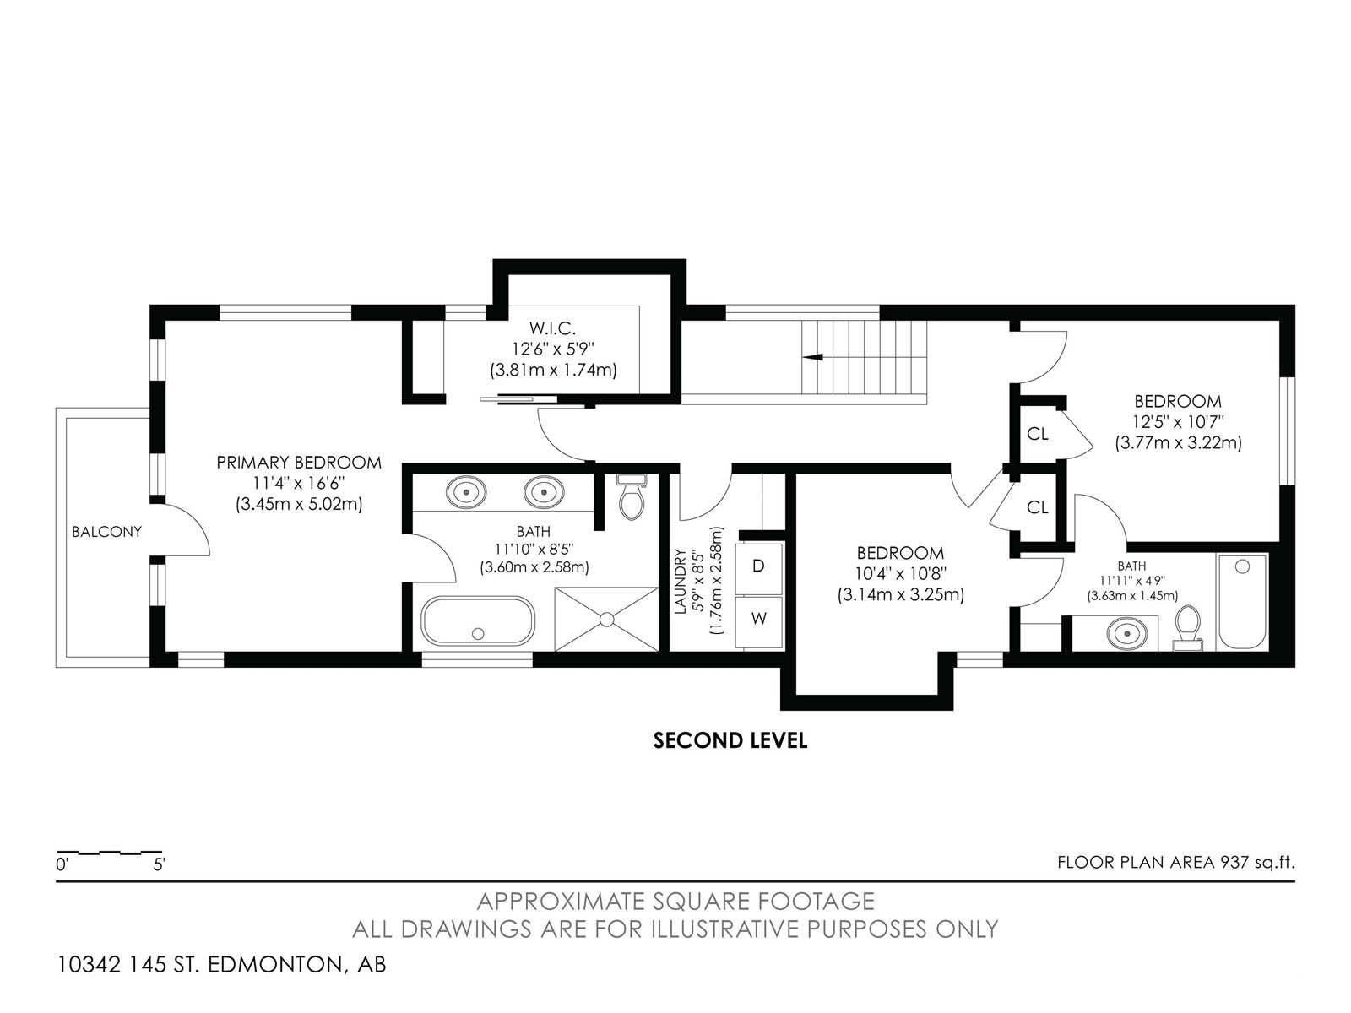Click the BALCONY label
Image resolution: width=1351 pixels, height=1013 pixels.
click(x=106, y=532)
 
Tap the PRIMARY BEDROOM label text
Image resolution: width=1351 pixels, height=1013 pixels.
click(x=299, y=463)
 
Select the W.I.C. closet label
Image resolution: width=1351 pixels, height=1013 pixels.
click(x=552, y=328)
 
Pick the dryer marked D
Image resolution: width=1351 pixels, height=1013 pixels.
click(x=759, y=566)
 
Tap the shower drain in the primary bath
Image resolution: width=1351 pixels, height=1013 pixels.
click(x=607, y=619)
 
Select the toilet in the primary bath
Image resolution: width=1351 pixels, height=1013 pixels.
click(x=632, y=497)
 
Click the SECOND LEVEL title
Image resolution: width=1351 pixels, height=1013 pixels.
click(x=730, y=740)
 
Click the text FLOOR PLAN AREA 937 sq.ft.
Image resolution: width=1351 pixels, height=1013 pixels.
click(x=1175, y=862)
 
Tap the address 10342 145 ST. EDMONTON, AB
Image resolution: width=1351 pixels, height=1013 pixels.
click(x=221, y=964)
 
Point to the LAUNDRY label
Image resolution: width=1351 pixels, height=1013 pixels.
click(x=680, y=582)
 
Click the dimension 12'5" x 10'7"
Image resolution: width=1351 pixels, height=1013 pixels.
click(x=1178, y=423)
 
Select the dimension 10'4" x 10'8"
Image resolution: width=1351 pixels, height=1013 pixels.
click(x=900, y=574)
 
